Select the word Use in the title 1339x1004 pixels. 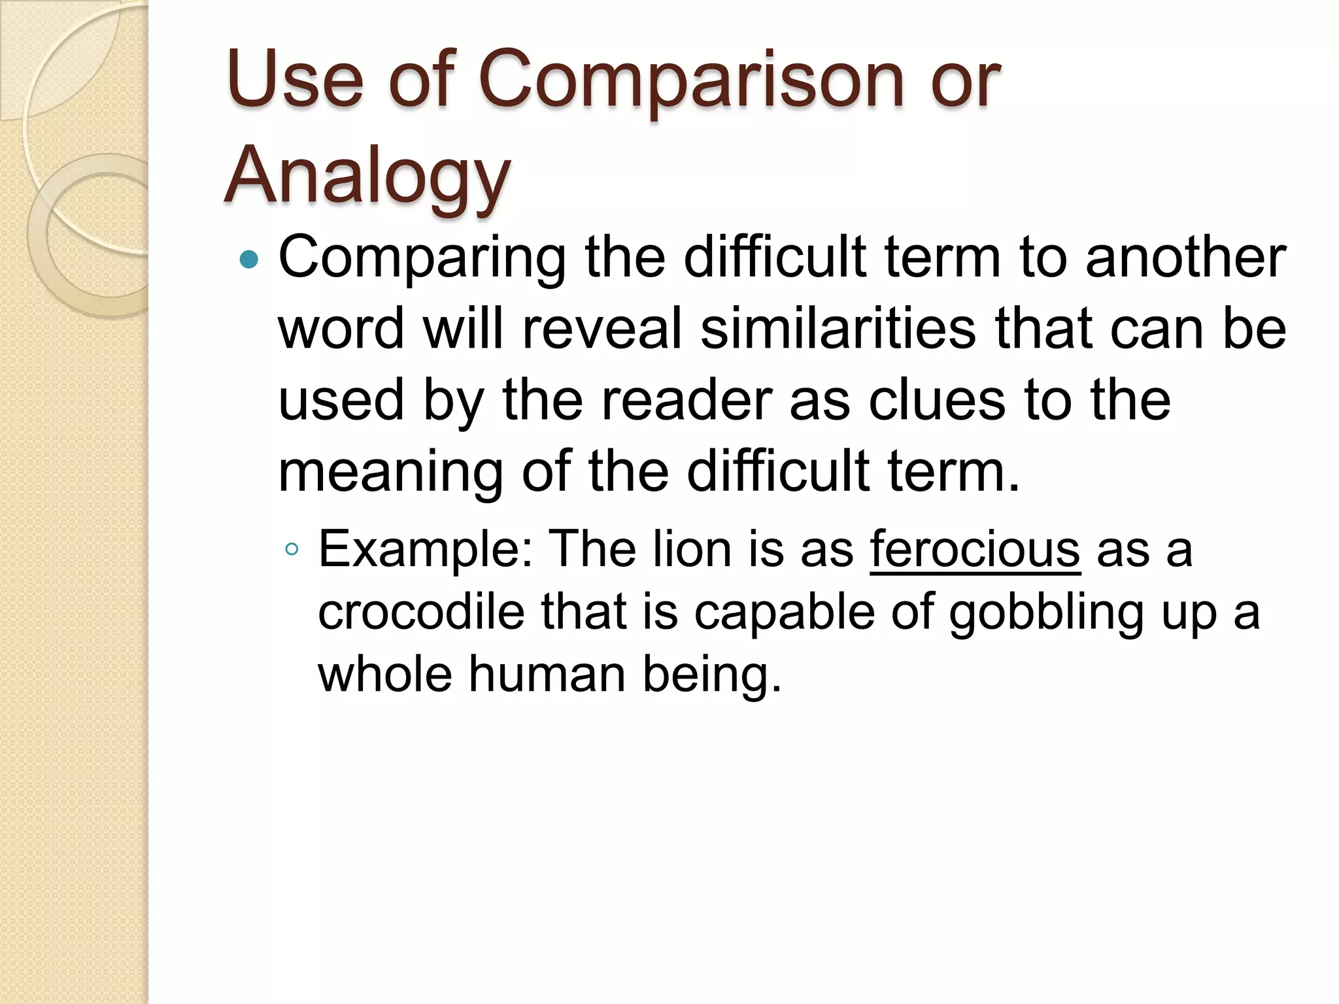pos(295,82)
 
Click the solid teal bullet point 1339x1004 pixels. pos(249,260)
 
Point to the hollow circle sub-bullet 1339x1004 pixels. pos(292,549)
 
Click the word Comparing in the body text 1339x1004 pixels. pos(422,259)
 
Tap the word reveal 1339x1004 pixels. pos(602,328)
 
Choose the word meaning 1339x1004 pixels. pos(391,472)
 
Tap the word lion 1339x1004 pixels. pos(692,549)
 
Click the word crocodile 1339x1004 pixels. pos(421,612)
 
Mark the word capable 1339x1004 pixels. pos(784,613)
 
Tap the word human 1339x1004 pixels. pos(547,674)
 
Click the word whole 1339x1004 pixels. pos(385,674)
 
